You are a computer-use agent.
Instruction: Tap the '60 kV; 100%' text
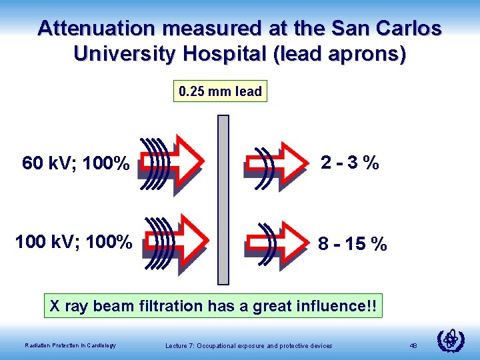coord(75,163)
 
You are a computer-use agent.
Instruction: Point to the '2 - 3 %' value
coord(349,162)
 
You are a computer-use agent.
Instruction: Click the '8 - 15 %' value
coord(352,245)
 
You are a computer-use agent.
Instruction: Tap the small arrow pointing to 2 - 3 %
coord(277,162)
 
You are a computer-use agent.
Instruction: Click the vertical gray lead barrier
coord(223,199)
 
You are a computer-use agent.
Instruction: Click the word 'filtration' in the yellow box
coord(169,307)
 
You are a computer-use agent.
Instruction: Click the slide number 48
coord(413,345)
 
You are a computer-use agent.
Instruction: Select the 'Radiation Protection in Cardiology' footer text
coord(70,345)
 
